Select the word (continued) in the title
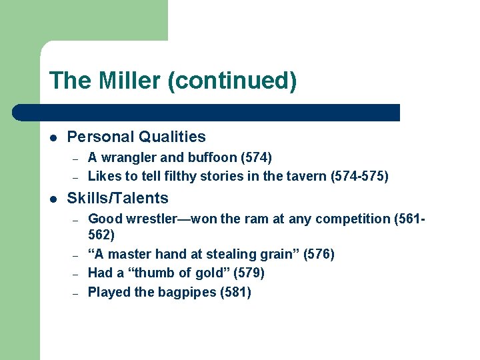(x=232, y=81)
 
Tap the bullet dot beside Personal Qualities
(x=53, y=137)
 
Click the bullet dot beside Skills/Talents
(x=53, y=199)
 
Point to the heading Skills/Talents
(x=117, y=198)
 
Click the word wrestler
(x=153, y=219)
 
